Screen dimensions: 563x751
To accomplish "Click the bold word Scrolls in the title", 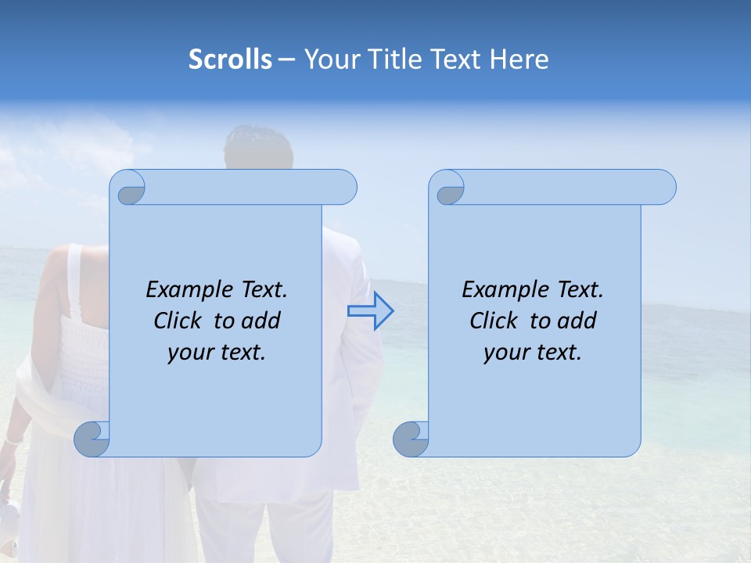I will (x=230, y=59).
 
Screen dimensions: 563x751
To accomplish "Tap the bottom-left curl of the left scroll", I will (x=92, y=439).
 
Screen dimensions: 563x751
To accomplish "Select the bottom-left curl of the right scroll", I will (x=411, y=439).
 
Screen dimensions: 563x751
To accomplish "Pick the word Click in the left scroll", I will (x=177, y=321).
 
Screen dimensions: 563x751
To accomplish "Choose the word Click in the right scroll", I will (x=493, y=321).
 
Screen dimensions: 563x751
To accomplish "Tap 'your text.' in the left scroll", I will (x=217, y=353).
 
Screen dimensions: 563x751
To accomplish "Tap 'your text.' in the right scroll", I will (x=533, y=353).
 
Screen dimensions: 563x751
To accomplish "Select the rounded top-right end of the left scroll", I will (x=344, y=187).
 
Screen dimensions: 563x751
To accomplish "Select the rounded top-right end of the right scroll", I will (x=663, y=187).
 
